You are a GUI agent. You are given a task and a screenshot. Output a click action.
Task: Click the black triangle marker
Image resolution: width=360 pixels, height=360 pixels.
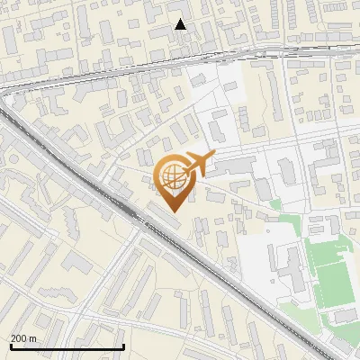tap(181, 24)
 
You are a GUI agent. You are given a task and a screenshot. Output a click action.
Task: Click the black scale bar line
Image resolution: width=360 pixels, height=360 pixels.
tap(67, 346)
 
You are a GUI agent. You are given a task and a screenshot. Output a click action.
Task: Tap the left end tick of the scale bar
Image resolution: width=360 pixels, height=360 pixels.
tap(12, 346)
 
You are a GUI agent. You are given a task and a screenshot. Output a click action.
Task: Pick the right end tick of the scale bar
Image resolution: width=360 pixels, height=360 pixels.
tap(123, 346)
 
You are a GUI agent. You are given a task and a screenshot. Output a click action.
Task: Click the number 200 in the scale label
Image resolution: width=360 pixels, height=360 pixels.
tap(18, 338)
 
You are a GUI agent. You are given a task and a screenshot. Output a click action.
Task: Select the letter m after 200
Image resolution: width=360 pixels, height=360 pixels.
tap(32, 338)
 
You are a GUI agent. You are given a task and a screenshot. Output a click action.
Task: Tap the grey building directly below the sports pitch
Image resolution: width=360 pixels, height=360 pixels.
tap(343, 316)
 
